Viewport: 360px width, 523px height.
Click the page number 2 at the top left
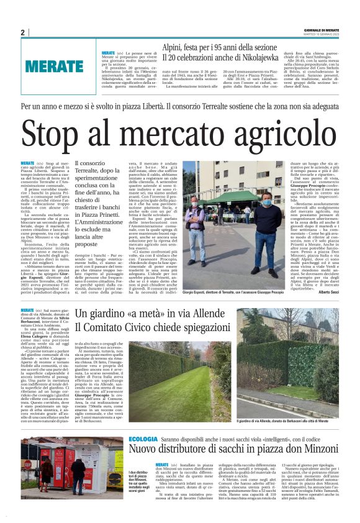pyautogui.click(x=22, y=32)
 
